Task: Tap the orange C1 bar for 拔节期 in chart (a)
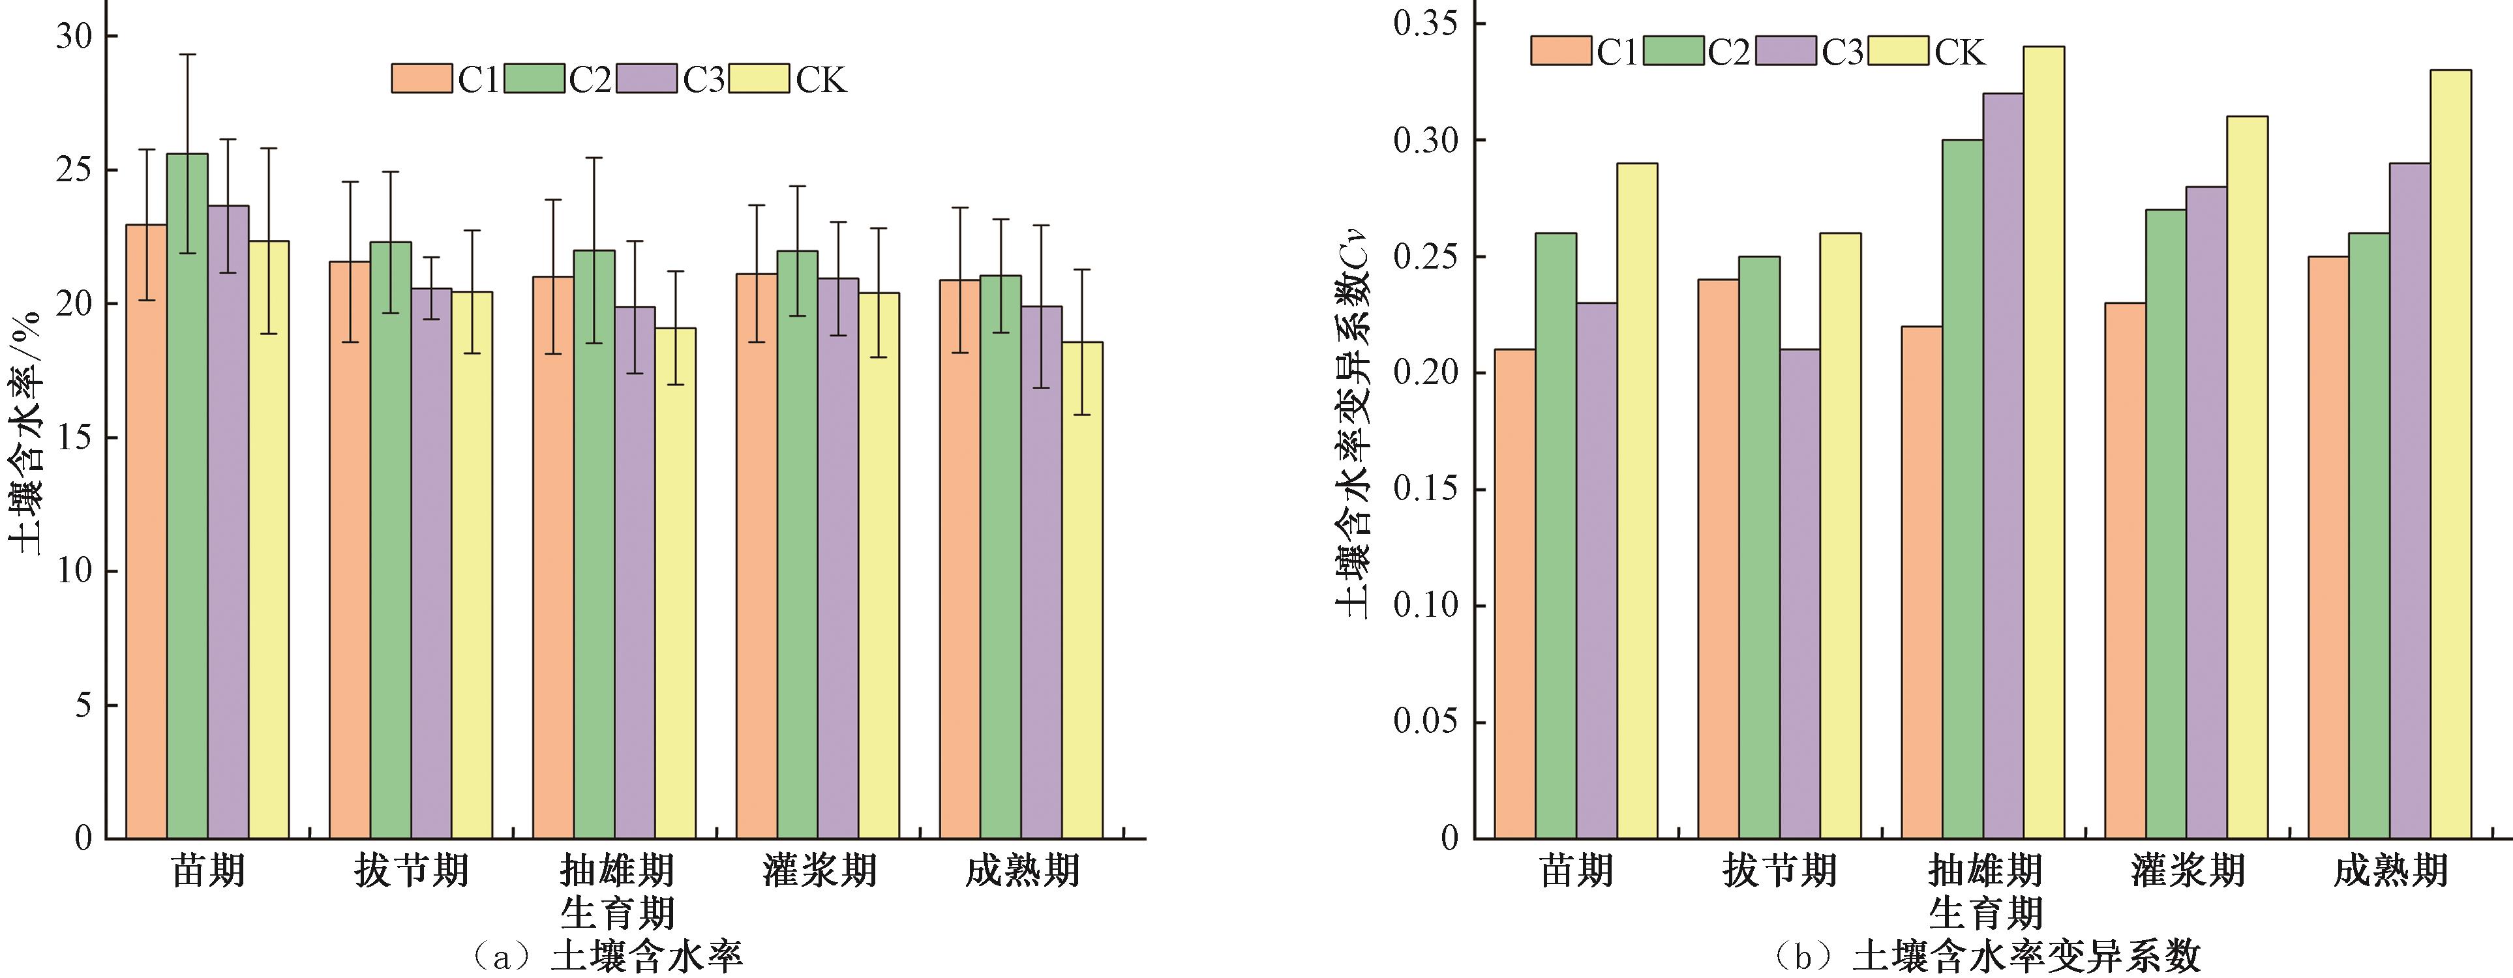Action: coord(349,546)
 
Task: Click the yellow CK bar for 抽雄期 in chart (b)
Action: coord(2045,439)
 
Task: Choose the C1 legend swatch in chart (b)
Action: coord(1561,51)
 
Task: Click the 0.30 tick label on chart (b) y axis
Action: coord(1425,140)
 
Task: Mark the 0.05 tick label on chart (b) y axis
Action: coord(1425,722)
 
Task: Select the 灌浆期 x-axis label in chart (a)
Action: coord(819,870)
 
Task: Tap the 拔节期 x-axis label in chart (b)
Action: coord(1781,870)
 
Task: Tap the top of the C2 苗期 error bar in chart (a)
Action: coord(187,55)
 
